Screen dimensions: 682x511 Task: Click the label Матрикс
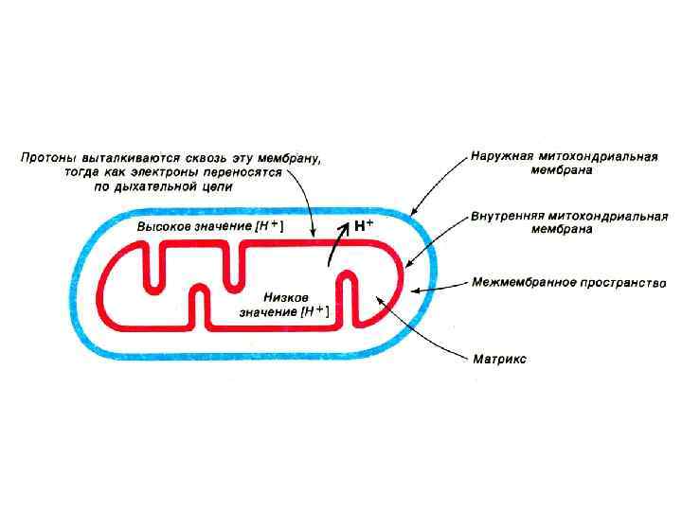click(499, 360)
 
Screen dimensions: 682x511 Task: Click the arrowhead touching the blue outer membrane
click(414, 211)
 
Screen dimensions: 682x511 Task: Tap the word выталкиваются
click(129, 158)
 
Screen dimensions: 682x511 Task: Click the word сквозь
click(205, 158)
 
